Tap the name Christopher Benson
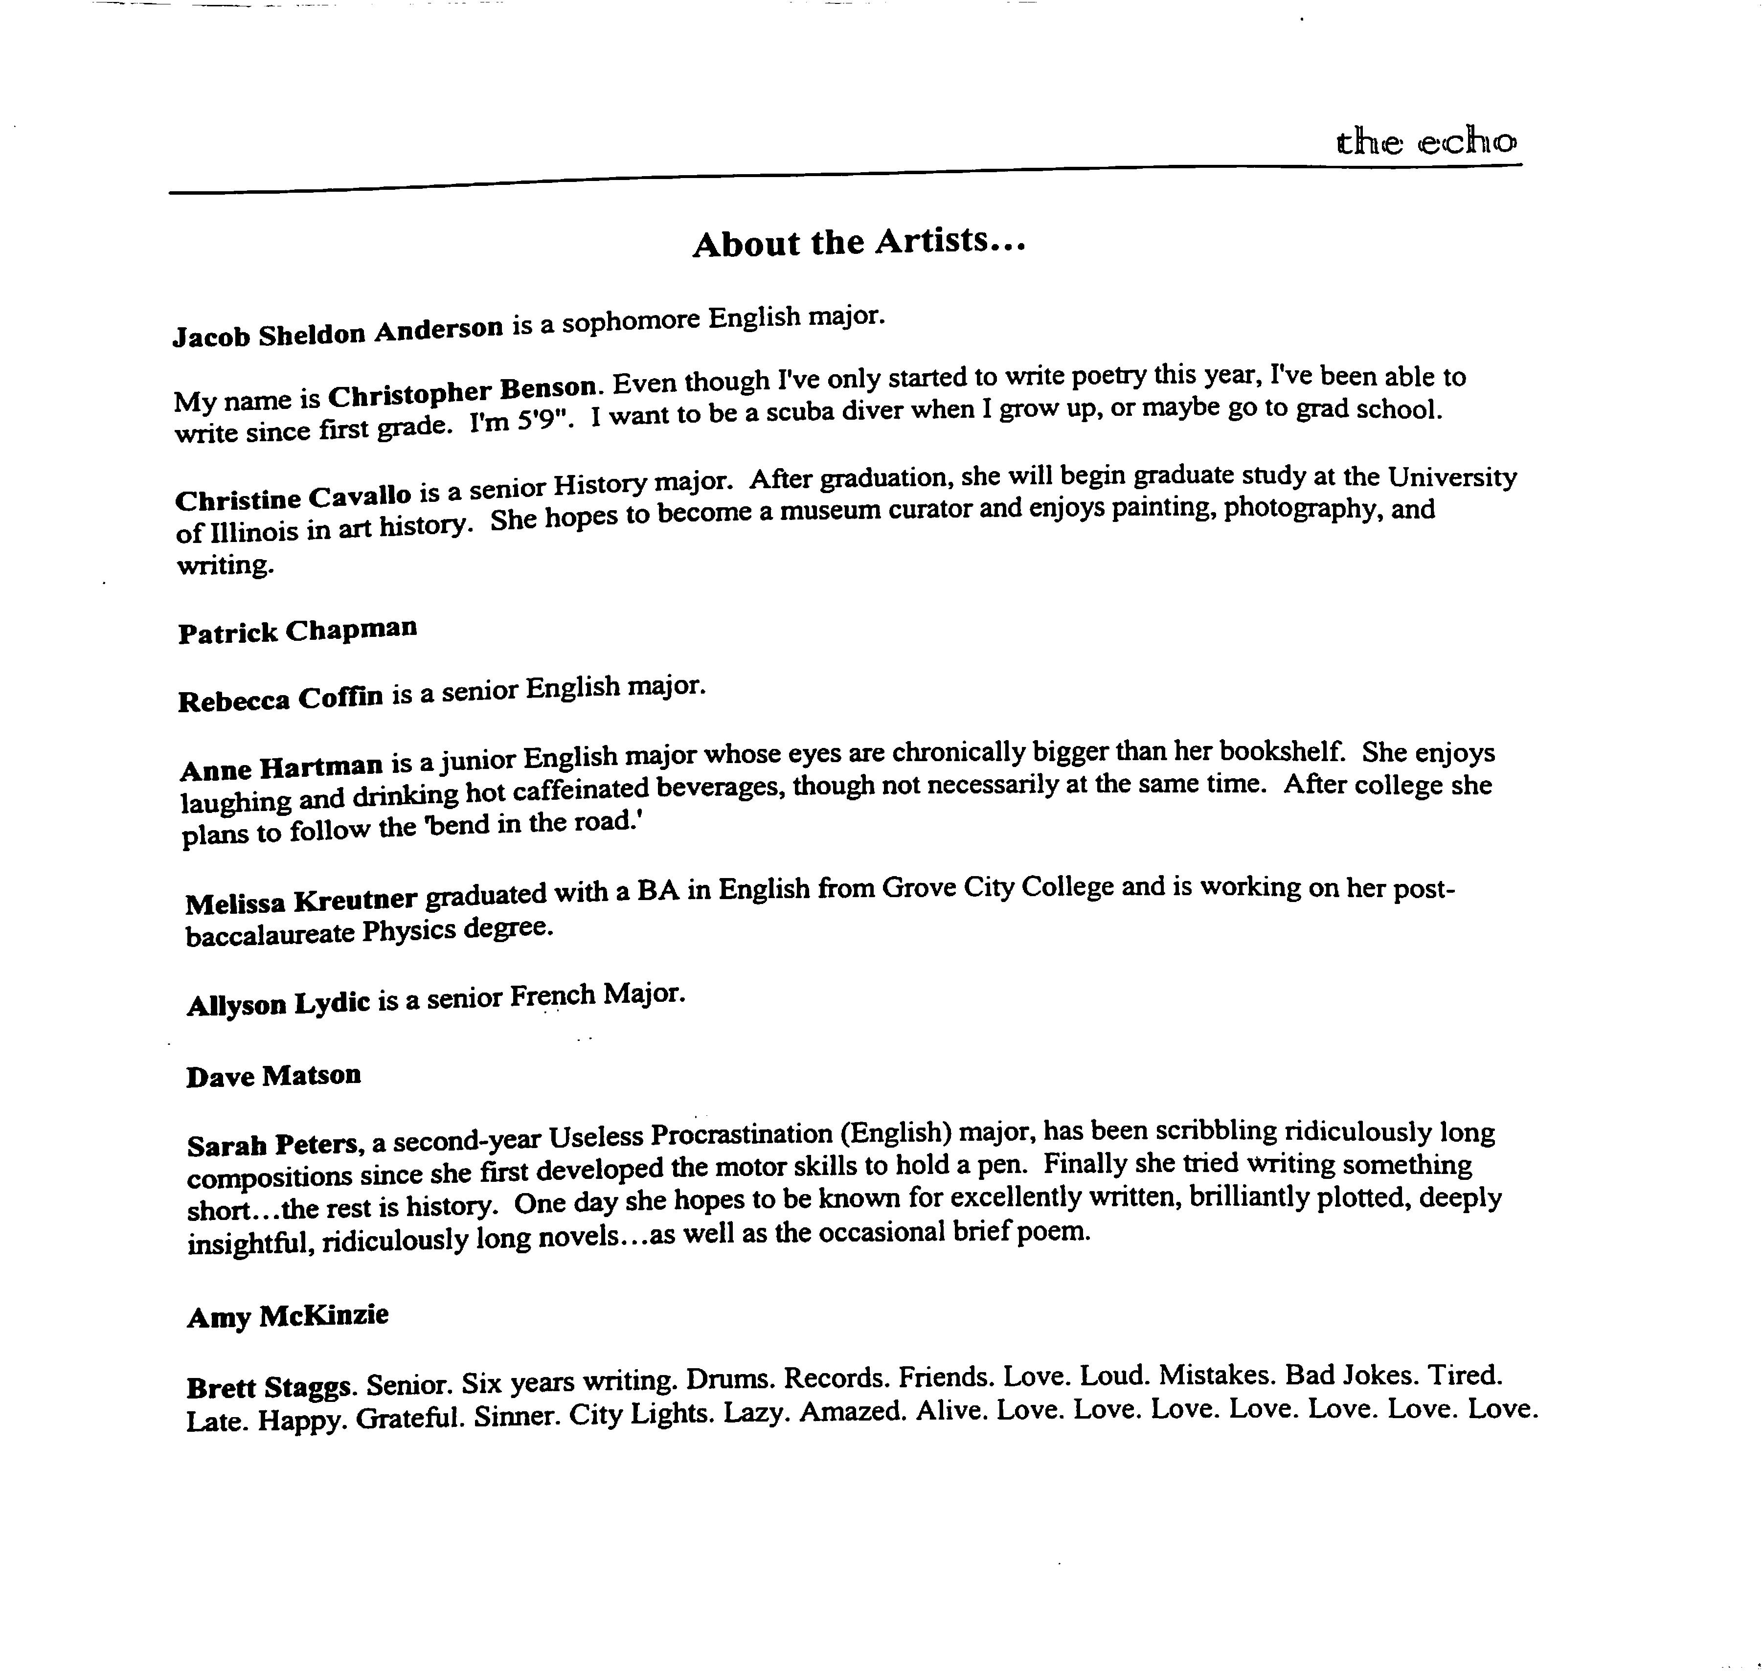tap(461, 390)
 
